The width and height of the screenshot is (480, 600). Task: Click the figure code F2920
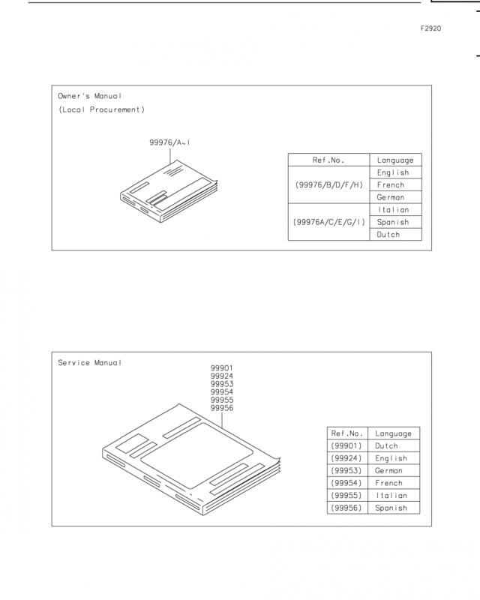click(x=430, y=28)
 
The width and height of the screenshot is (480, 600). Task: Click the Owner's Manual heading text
click(x=89, y=96)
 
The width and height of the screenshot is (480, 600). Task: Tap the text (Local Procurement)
click(x=101, y=109)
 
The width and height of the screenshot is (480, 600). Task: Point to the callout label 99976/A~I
click(x=169, y=142)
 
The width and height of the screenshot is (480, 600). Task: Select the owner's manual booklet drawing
click(x=169, y=191)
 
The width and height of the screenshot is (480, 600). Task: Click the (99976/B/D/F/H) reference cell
click(x=328, y=184)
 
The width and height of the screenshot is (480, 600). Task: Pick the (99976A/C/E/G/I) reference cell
click(x=328, y=222)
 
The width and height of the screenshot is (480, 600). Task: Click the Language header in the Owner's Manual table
click(x=395, y=160)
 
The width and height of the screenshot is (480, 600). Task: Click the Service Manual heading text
click(x=89, y=363)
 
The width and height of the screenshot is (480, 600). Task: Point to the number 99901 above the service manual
click(x=222, y=368)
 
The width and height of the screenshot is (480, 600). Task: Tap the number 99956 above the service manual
click(x=222, y=408)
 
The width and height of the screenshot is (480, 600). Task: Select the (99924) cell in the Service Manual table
click(x=346, y=458)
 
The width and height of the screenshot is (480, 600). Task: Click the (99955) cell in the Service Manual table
click(x=346, y=496)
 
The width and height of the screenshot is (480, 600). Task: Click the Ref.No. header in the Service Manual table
click(x=346, y=433)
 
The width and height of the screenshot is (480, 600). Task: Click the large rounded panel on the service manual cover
click(x=196, y=455)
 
